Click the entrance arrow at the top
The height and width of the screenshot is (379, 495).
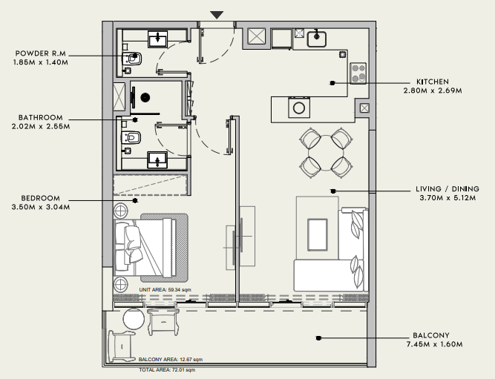pos(217,15)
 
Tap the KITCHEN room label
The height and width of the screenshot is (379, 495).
pos(433,82)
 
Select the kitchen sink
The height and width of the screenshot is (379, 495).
pos(317,39)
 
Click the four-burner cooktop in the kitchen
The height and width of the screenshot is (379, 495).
pos(358,73)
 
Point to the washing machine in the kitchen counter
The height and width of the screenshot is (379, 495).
pos(298,108)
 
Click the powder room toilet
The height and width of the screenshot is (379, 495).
pos(132,59)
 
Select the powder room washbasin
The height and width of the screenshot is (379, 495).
pos(157,39)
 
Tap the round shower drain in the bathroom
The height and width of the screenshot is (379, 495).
pos(145,97)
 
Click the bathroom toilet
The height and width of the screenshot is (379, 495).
pos(131,138)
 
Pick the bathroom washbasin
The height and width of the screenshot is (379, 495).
pos(157,160)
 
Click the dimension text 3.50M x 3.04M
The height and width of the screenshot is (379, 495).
pos(41,208)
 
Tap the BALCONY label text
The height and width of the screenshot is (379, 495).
pos(431,335)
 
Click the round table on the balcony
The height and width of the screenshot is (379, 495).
pos(134,319)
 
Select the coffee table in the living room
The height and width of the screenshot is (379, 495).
pos(318,235)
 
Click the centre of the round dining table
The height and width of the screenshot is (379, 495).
pos(326,153)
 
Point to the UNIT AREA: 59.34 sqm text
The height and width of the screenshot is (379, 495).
pos(165,290)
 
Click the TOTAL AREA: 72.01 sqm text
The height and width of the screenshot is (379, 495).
pos(167,370)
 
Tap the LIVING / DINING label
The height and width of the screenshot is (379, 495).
pos(448,189)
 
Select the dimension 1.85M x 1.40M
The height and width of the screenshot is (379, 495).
pos(41,62)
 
